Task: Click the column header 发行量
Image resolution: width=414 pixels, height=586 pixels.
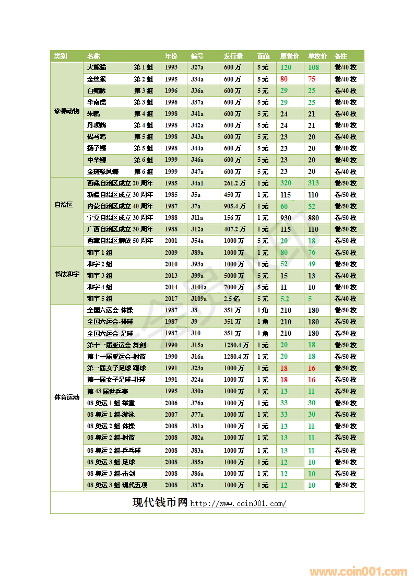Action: pyautogui.click(x=233, y=56)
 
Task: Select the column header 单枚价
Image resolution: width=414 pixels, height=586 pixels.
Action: pyautogui.click(x=317, y=56)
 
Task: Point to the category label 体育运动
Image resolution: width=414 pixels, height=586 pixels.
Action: pyautogui.click(x=67, y=397)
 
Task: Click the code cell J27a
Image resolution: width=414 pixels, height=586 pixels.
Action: pyautogui.click(x=197, y=67)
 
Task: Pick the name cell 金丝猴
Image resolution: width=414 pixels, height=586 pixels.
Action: pyautogui.click(x=97, y=79)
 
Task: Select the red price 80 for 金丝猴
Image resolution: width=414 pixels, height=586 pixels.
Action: pyautogui.click(x=284, y=79)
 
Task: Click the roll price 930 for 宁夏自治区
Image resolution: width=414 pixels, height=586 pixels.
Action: pyautogui.click(x=286, y=218)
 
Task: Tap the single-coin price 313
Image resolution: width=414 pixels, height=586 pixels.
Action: pyautogui.click(x=313, y=183)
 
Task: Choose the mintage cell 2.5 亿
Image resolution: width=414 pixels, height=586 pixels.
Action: pyautogui.click(x=232, y=299)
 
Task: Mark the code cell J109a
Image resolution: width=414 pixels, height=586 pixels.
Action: pyautogui.click(x=198, y=299)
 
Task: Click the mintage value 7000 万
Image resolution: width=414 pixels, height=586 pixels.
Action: pyautogui.click(x=234, y=287)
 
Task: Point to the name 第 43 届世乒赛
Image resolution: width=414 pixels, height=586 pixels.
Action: pyautogui.click(x=110, y=391)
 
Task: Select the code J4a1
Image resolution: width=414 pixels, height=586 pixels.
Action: pyautogui.click(x=197, y=183)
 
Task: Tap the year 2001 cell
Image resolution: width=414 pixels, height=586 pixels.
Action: pyautogui.click(x=171, y=241)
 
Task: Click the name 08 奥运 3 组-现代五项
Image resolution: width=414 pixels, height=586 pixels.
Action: pyautogui.click(x=117, y=485)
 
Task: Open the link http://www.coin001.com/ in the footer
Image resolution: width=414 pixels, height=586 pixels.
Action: pyautogui.click(x=238, y=504)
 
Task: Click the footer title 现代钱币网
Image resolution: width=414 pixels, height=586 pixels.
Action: pyautogui.click(x=160, y=502)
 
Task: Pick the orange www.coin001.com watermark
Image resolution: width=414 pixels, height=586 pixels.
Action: pyautogui.click(x=358, y=572)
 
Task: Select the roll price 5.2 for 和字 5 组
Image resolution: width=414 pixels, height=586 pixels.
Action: pyautogui.click(x=285, y=299)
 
